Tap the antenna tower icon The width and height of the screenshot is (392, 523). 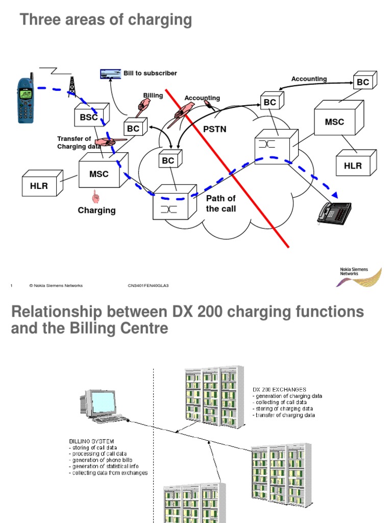coord(72,86)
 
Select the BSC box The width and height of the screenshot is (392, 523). coord(90,116)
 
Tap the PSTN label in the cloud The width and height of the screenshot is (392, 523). coord(214,129)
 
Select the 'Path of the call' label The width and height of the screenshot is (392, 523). coord(220,203)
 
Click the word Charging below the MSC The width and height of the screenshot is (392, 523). coord(96,210)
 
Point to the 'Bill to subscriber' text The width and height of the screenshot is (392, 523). coord(150,73)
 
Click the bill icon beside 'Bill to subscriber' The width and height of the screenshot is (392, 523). coord(110,74)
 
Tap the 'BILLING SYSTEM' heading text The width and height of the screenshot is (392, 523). coord(91,440)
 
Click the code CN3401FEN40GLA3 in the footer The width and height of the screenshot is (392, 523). coord(148,286)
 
